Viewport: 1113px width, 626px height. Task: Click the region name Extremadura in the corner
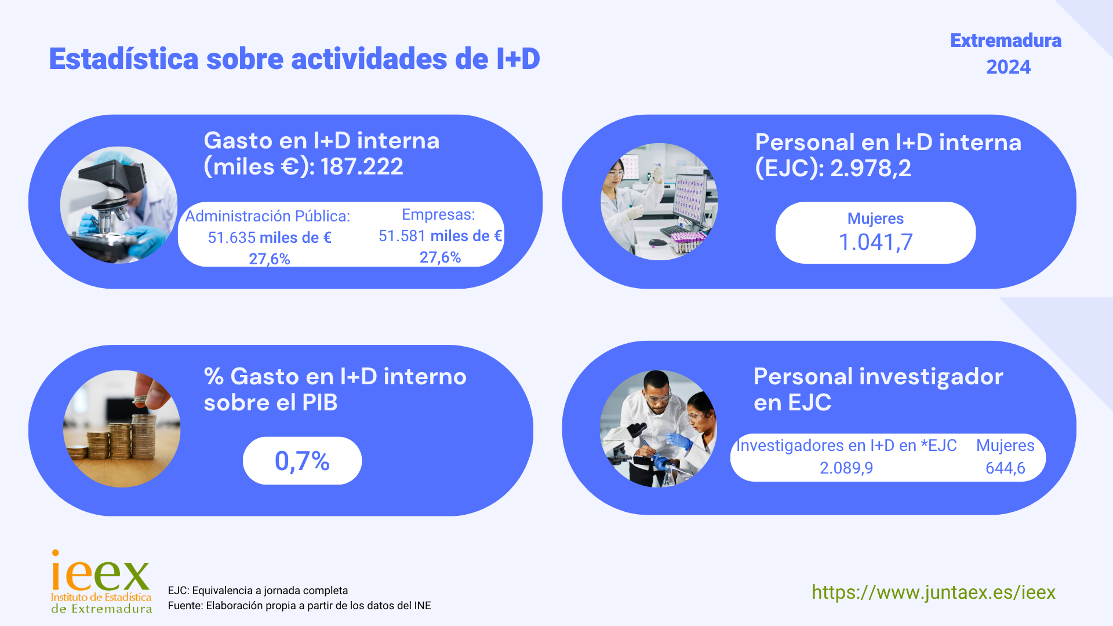pos(1006,41)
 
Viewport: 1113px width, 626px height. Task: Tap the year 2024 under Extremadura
pos(1009,67)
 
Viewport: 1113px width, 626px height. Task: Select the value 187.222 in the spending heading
pos(362,167)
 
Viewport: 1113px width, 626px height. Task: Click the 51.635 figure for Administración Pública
pos(232,238)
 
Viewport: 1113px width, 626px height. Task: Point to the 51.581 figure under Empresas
pos(402,236)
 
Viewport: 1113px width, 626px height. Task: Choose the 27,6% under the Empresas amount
pos(440,257)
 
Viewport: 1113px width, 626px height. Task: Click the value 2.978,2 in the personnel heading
pos(871,168)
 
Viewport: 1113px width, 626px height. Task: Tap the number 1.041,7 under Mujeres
pos(876,242)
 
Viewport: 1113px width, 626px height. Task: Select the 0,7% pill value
pos(302,461)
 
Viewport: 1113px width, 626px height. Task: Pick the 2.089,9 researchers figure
pos(846,468)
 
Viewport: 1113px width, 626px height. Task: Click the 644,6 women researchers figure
pos(1005,468)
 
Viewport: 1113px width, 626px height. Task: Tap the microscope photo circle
pos(119,205)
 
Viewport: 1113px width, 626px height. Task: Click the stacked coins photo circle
pos(122,429)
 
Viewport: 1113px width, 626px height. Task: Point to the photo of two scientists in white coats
pos(659,429)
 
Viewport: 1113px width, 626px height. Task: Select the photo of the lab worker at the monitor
pos(660,202)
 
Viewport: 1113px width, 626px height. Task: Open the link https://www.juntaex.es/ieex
pos(933,592)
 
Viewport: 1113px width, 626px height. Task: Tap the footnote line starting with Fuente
pos(299,606)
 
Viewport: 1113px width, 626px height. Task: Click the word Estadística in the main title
pos(123,59)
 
